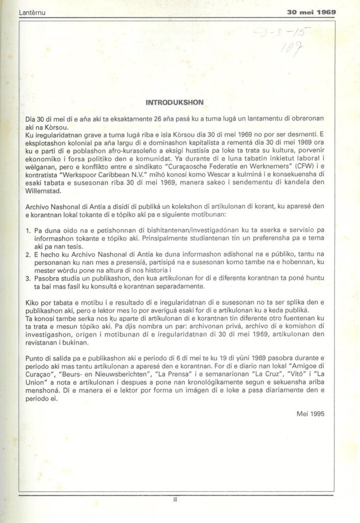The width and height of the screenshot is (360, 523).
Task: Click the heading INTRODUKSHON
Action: click(x=175, y=103)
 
